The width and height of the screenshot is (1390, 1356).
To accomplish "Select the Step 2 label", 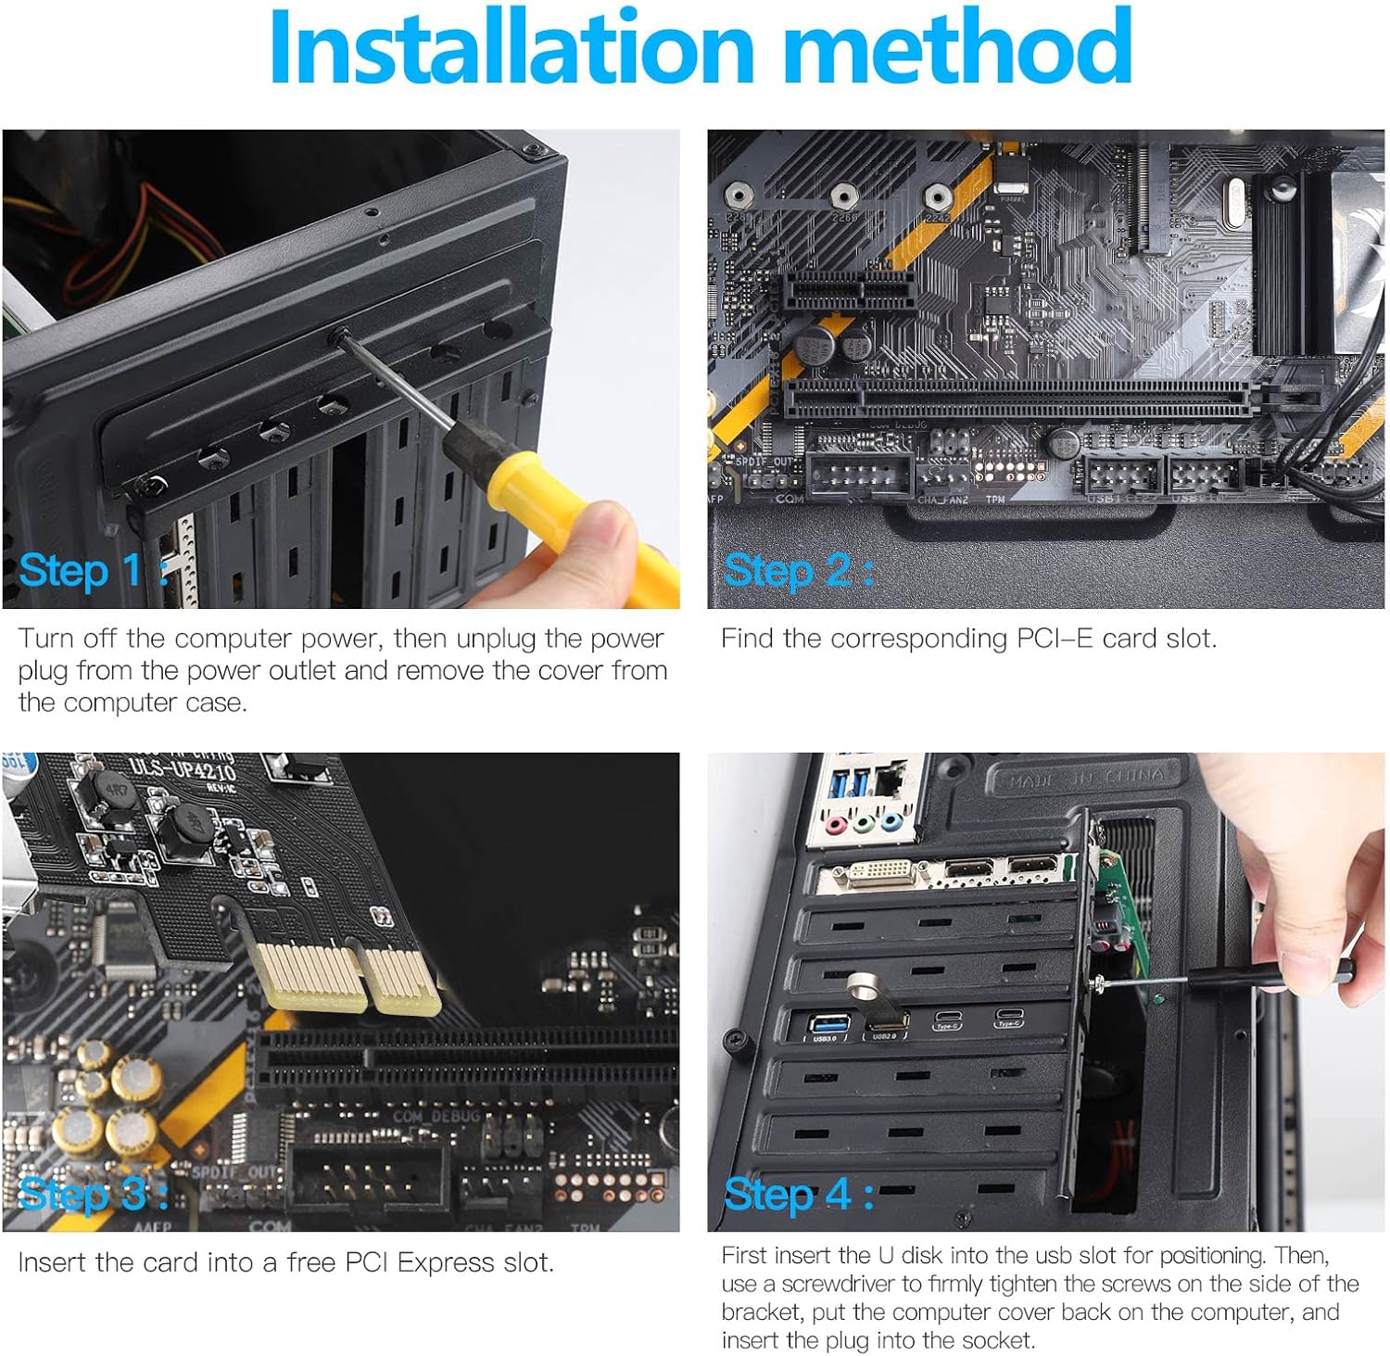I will tap(797, 570).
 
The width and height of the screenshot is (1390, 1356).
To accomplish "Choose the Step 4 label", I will tap(797, 1194).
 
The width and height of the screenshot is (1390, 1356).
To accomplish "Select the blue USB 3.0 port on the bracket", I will tap(825, 1023).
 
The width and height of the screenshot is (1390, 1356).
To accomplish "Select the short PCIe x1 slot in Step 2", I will tap(849, 293).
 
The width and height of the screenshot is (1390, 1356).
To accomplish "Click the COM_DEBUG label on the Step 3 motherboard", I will tap(436, 1116).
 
